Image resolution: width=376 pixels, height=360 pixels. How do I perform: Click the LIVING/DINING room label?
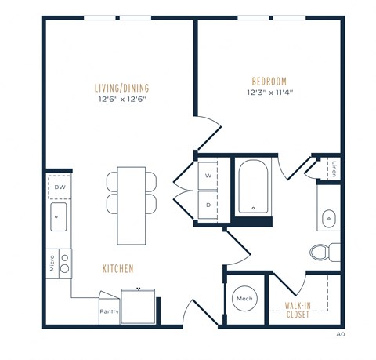coord(122,88)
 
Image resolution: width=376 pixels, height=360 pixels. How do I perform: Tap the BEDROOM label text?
coord(269,82)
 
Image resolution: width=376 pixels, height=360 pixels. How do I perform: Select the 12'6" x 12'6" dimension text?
coord(122,100)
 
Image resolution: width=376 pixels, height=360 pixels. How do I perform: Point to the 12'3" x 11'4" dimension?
coord(269,93)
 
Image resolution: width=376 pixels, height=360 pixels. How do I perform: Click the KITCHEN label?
coord(118,269)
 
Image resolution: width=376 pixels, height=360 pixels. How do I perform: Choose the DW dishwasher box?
coord(60,187)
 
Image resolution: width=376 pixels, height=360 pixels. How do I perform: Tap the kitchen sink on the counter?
coord(60,217)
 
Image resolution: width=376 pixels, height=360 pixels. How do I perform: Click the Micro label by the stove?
coord(51,261)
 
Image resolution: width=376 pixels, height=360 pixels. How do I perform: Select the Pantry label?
coord(108,311)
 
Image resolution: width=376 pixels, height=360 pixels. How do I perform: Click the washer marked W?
coord(208,176)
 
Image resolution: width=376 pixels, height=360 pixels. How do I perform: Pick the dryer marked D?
coord(208,204)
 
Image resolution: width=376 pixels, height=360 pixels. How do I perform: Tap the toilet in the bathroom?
coord(322,252)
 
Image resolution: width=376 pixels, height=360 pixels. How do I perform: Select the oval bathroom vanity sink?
coord(328,217)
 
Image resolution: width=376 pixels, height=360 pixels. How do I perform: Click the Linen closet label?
coord(334,169)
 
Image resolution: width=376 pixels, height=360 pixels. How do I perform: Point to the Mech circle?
coord(243,299)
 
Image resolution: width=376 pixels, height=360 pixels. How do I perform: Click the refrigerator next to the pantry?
coord(139,305)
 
